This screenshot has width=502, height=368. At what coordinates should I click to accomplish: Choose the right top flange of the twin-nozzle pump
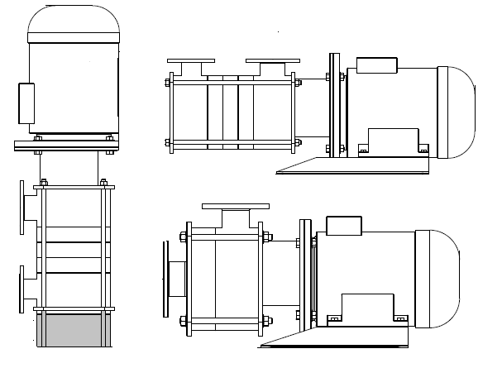coord(272,60)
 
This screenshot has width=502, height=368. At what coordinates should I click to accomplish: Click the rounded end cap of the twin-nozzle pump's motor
coord(460,112)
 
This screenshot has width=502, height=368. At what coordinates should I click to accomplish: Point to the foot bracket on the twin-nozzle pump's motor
coord(394,141)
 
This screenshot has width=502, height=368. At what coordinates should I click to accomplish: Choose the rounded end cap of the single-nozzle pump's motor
coord(441,276)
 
